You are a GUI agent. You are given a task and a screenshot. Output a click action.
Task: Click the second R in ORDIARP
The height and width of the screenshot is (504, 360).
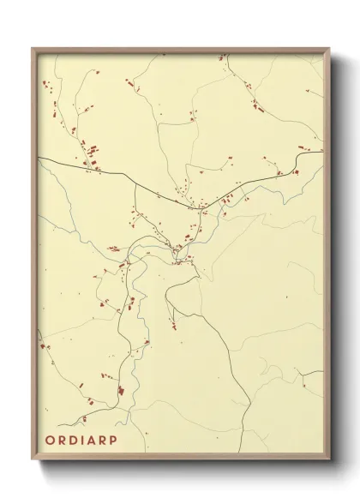(x=105, y=441)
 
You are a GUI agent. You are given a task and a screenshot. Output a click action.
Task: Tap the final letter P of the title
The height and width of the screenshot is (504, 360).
(x=117, y=441)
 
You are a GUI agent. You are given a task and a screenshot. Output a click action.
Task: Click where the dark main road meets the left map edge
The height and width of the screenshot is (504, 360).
(x=39, y=158)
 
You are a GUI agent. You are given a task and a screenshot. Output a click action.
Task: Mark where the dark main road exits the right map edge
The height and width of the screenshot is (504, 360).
(x=323, y=153)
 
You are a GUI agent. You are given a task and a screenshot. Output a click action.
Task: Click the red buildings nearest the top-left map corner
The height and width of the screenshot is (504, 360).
(x=45, y=84)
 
